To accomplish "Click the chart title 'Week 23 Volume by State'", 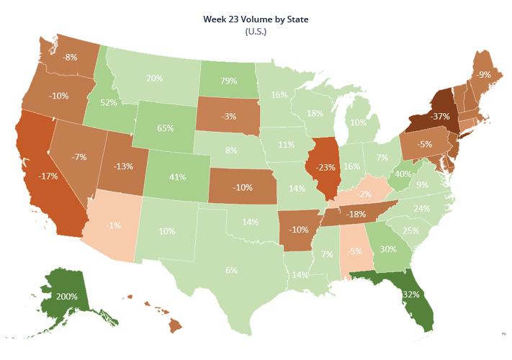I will (256, 19).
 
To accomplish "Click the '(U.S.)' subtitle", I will (256, 32).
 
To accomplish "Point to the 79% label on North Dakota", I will (229, 81).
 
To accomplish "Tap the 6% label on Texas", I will (231, 270).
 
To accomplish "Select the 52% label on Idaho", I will (109, 103).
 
